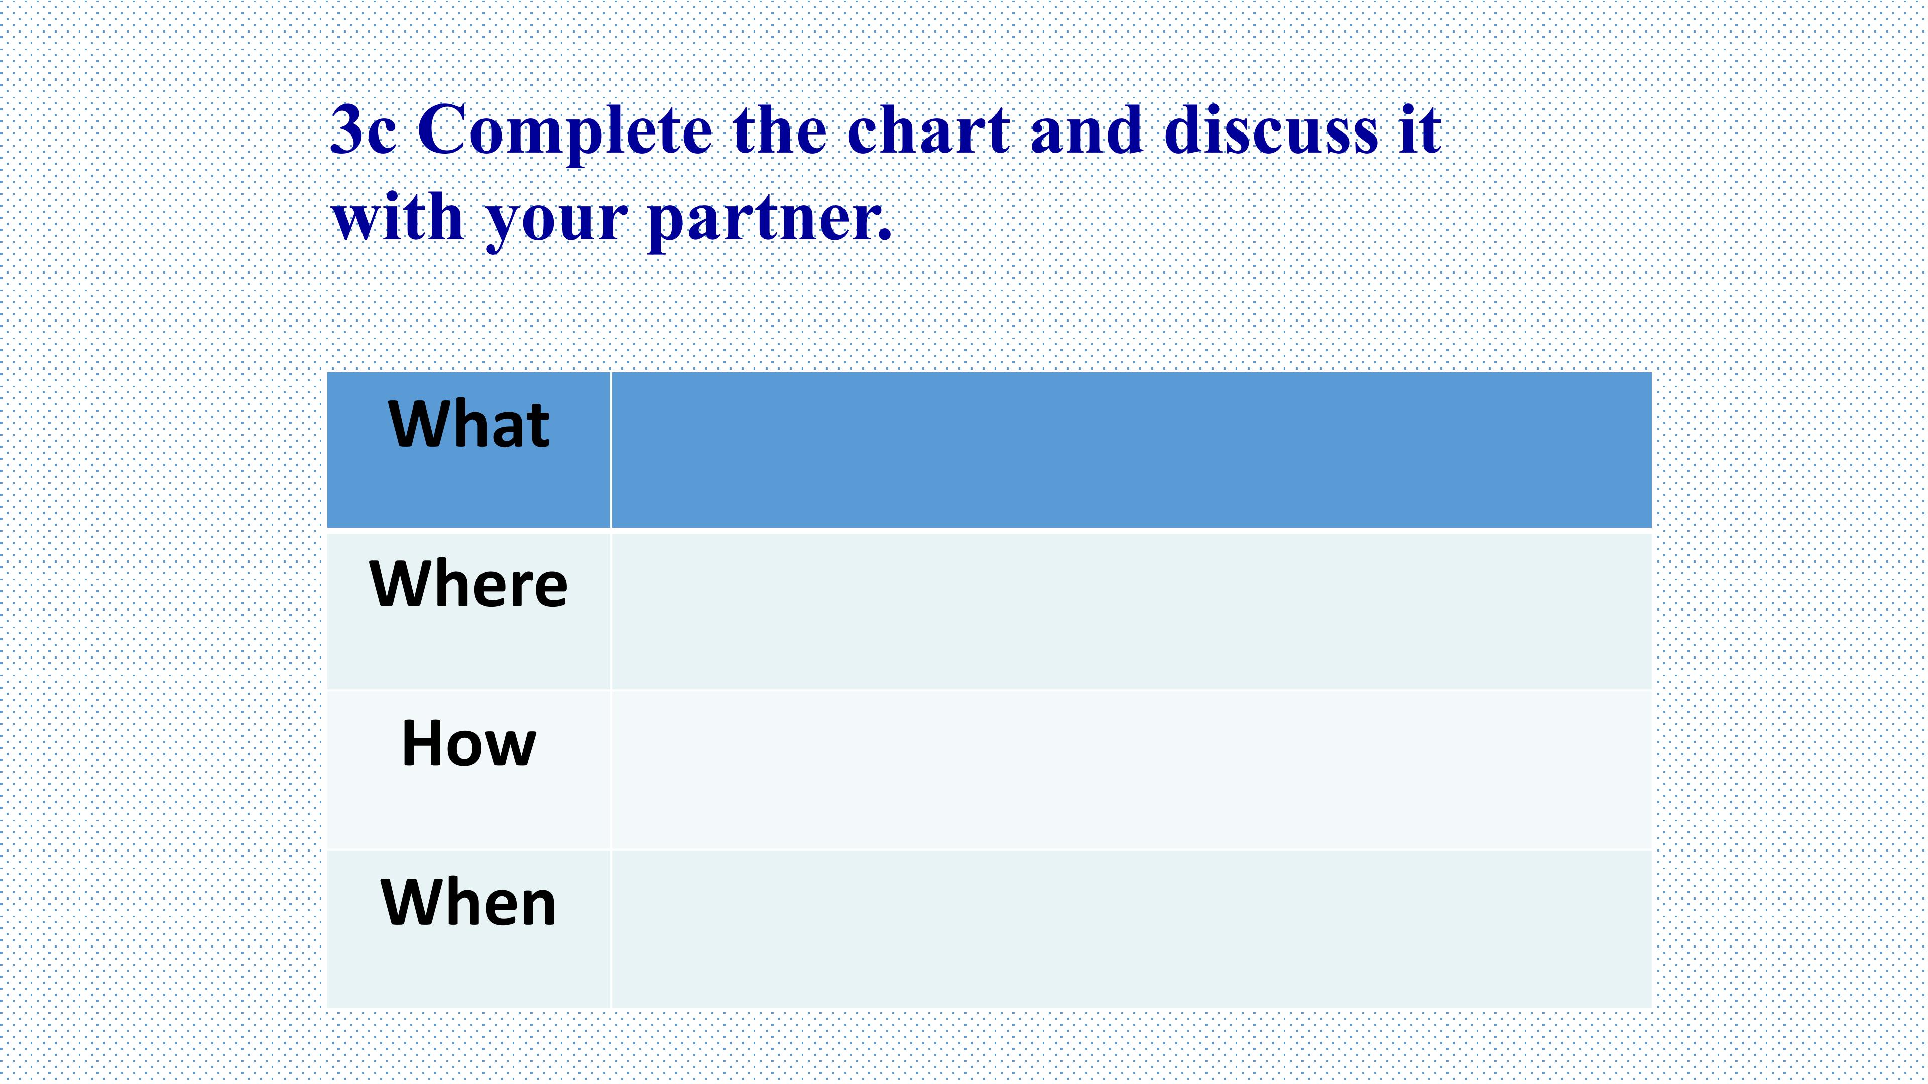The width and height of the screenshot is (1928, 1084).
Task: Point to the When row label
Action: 468,902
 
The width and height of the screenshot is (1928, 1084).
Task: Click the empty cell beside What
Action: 1131,450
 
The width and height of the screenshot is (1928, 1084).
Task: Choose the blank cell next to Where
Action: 1131,610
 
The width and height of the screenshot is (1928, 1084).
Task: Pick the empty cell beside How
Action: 1131,770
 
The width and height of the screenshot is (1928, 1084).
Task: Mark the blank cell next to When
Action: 1131,929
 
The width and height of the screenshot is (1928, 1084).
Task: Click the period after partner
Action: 885,236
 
